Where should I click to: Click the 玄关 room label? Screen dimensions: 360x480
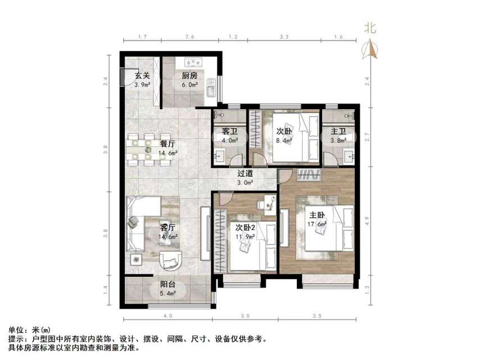(x=141, y=76)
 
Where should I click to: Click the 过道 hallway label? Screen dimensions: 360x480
(x=244, y=174)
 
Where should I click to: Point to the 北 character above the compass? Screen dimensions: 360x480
(x=370, y=28)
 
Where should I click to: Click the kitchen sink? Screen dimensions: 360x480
(x=211, y=89)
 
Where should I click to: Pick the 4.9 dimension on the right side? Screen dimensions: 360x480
(x=368, y=220)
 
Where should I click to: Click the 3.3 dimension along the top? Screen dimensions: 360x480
(x=284, y=37)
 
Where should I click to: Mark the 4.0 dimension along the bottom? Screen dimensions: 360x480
(x=167, y=316)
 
